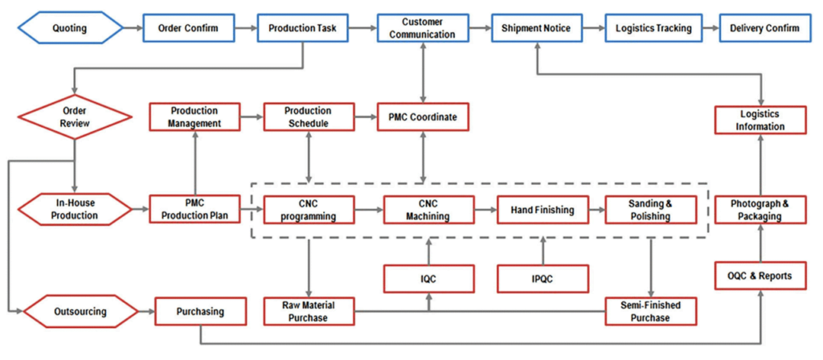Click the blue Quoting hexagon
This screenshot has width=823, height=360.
(71, 29)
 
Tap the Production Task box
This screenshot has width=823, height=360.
(303, 29)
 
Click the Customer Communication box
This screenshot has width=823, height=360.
(423, 29)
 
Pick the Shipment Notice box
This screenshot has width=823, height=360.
(536, 29)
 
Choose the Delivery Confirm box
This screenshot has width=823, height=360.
(764, 29)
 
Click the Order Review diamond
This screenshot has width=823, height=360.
(75, 117)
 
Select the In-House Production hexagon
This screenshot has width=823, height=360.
(75, 210)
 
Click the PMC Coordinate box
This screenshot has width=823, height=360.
(423, 117)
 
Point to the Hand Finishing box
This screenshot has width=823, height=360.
(543, 211)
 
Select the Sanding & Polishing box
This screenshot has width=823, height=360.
(649, 211)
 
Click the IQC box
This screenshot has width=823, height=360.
(428, 278)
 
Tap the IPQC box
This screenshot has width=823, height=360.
(543, 278)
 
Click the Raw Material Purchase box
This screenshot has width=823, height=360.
(309, 311)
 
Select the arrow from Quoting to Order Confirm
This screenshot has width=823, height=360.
(133, 29)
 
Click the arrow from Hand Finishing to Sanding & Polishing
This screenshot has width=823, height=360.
(596, 211)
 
